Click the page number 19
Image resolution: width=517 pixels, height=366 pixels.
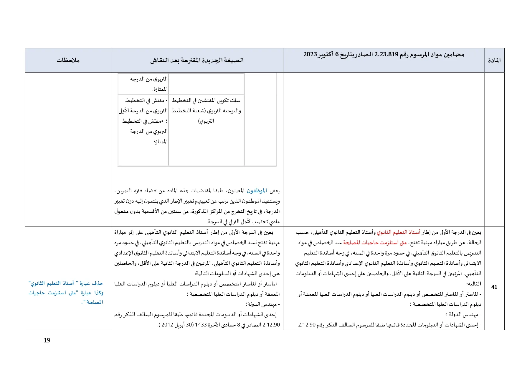(47, 340)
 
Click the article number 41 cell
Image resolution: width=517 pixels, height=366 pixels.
(494, 287)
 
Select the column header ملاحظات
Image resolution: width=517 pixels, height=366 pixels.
(68, 60)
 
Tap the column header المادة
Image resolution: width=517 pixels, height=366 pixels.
(494, 60)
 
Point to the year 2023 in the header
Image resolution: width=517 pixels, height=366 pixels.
(310, 54)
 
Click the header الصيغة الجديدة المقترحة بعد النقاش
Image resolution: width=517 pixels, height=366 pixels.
(197, 60)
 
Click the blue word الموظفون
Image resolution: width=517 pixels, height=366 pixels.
(257, 191)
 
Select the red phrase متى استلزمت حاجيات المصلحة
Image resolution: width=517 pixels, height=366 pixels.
(375, 242)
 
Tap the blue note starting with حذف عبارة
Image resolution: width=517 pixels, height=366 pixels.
(66, 292)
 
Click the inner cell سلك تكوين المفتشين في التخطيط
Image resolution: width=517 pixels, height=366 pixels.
(206, 101)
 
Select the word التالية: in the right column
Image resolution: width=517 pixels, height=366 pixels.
(473, 284)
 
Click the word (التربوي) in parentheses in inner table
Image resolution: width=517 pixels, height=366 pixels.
(206, 121)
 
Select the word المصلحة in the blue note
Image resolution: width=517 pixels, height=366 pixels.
(95, 302)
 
